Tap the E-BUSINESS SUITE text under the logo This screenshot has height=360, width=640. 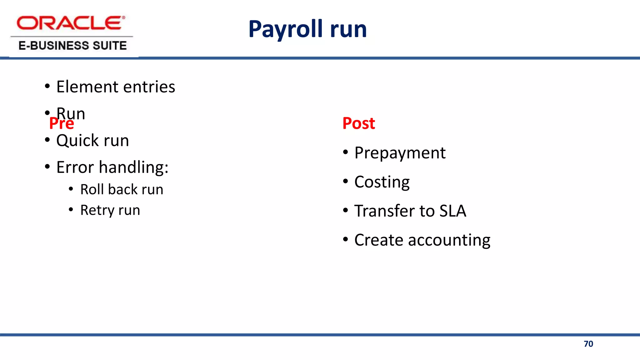coord(72,46)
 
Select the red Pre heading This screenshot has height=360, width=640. coord(62,124)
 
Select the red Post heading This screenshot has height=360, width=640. coord(358,123)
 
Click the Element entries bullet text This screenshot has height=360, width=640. coord(116,87)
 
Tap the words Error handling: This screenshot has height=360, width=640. coord(112,167)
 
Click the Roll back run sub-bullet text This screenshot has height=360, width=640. coord(122,189)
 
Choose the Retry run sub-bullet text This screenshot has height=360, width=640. coord(110,210)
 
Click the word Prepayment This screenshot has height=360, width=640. coord(400,153)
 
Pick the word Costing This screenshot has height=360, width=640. coord(382,182)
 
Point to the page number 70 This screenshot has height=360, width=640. coord(588,344)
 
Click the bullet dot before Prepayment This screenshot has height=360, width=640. coord(345,152)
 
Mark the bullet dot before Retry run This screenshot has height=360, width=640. coord(71,209)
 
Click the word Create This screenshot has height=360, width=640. coord(378,240)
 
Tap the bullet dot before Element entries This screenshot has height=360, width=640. coord(47,86)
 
